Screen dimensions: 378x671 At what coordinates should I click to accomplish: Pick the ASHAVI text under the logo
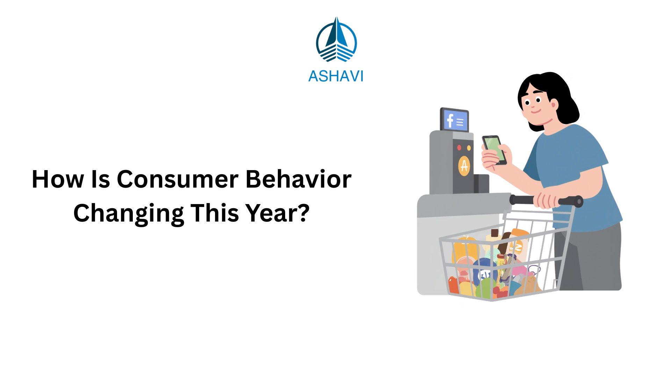coord(335,76)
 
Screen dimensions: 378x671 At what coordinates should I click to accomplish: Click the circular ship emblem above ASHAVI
coord(336,40)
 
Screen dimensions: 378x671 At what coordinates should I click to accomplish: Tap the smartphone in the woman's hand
coord(494,149)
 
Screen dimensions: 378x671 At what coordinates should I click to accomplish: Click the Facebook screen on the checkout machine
coord(455,120)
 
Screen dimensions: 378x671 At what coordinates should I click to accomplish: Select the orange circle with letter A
coord(464,166)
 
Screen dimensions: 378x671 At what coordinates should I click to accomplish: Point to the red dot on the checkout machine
coord(459,148)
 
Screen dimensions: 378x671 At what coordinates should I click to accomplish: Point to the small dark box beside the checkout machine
coord(481,183)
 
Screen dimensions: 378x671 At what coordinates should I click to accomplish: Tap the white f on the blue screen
coord(450,120)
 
